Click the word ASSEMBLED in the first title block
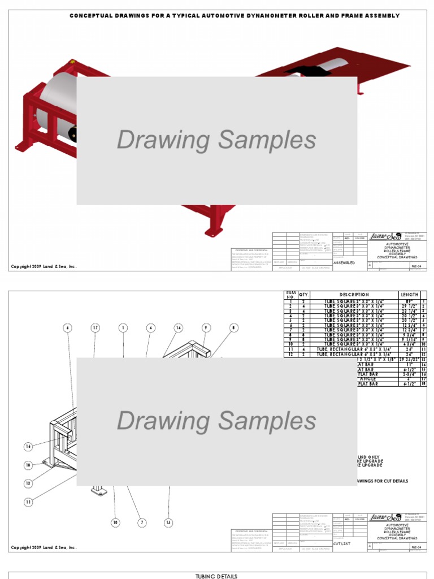coord(344,263)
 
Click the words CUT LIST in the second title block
coord(341,543)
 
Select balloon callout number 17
coord(96,327)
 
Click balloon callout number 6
coord(68,327)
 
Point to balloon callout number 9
coord(206,327)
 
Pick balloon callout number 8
coord(234,327)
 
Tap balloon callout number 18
coord(28,465)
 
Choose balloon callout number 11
coord(28,502)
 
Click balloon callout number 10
coord(115,522)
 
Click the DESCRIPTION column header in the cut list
coord(354,295)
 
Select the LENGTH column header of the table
coord(410,295)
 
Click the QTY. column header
coord(304,295)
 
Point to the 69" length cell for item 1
coord(410,301)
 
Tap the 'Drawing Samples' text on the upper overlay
coord(216,140)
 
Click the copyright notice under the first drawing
coord(44,267)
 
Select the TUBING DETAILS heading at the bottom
coord(217,576)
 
